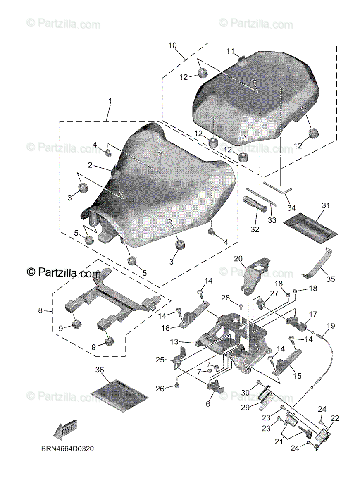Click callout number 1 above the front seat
click(110, 101)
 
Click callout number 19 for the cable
click(330, 326)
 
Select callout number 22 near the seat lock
click(334, 418)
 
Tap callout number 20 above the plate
click(238, 259)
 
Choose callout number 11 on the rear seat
click(230, 52)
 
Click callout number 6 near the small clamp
click(208, 404)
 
